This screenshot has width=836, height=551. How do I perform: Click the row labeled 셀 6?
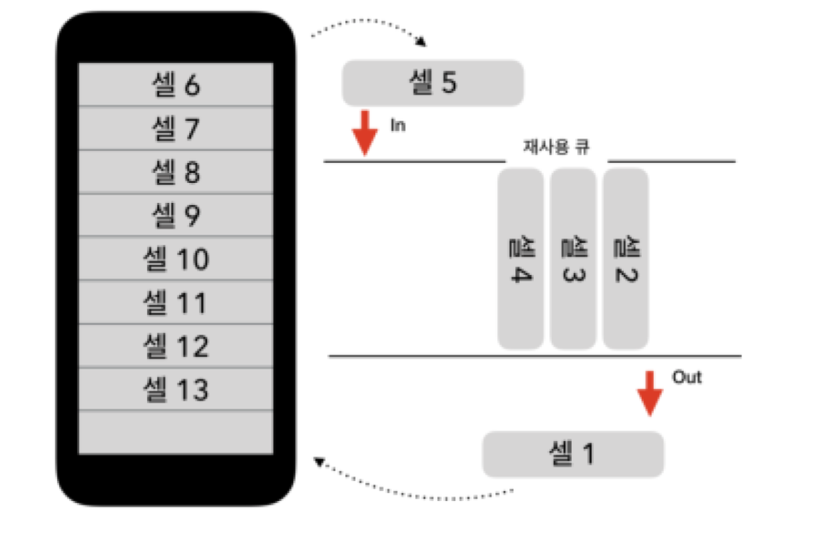pyautogui.click(x=176, y=85)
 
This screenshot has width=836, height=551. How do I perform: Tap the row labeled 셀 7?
pyautogui.click(x=176, y=128)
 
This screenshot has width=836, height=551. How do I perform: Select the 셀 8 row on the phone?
pyautogui.click(x=176, y=172)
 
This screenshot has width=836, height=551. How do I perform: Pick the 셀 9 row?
pyautogui.click(x=176, y=215)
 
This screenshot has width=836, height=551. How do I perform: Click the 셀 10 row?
pyautogui.click(x=176, y=258)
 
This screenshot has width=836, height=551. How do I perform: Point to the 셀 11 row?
pyautogui.click(x=176, y=302)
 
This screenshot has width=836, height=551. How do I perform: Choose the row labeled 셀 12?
pyautogui.click(x=176, y=345)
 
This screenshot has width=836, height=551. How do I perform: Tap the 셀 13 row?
pyautogui.click(x=176, y=389)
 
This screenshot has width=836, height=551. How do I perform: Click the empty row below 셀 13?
pyautogui.click(x=176, y=432)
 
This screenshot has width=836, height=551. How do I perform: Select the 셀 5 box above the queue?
pyautogui.click(x=433, y=83)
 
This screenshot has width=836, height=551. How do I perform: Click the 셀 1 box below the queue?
pyautogui.click(x=573, y=455)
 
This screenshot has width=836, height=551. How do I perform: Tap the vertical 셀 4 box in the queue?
pyautogui.click(x=521, y=259)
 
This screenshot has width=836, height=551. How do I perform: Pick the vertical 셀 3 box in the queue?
pyautogui.click(x=573, y=259)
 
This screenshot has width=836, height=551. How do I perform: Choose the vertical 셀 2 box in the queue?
pyautogui.click(x=626, y=259)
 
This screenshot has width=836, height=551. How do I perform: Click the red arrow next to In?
pyautogui.click(x=364, y=132)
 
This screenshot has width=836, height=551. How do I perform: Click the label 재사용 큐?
pyautogui.click(x=556, y=144)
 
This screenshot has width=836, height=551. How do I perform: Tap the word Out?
pyautogui.click(x=687, y=377)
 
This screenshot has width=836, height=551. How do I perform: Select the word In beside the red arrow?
pyautogui.click(x=397, y=124)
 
